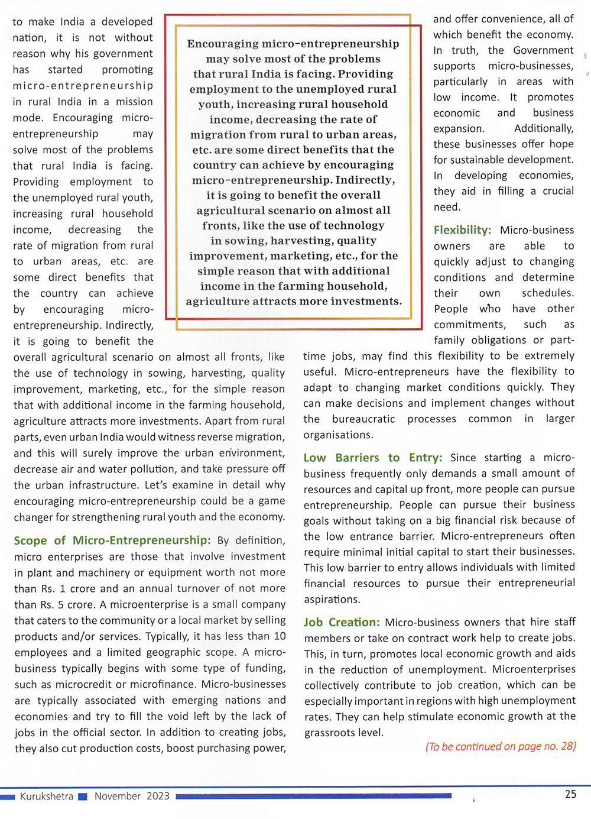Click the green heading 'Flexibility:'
462,230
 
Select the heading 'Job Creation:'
342,622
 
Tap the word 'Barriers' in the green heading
357,458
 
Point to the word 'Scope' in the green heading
30,540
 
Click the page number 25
570,794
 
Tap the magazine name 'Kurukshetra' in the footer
47,796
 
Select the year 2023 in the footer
158,796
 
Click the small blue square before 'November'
83,797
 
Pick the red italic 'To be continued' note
501,746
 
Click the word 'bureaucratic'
363,419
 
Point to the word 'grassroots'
333,733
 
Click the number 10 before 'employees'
280,636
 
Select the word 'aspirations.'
332,599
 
